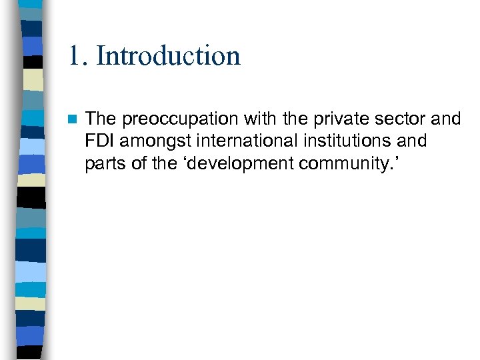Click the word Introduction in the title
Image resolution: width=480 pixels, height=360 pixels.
point(168,55)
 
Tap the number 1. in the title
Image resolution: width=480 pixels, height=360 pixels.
point(78,55)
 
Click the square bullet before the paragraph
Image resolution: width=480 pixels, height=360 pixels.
point(72,119)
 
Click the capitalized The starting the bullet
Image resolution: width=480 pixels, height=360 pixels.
point(101,119)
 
